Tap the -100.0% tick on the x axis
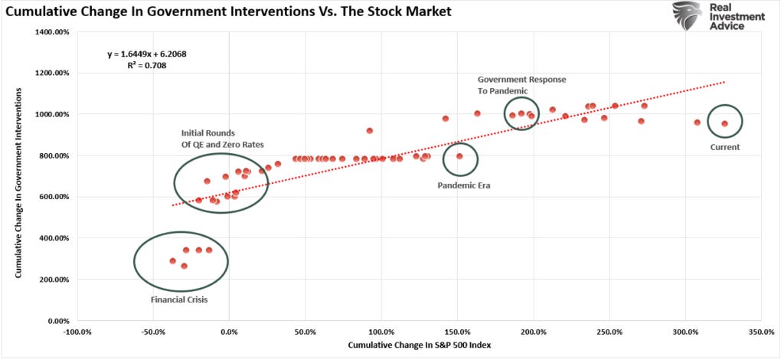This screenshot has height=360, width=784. [78, 332]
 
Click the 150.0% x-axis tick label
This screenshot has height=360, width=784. [457, 332]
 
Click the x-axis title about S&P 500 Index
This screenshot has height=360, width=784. [420, 346]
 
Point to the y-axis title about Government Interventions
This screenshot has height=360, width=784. [18, 176]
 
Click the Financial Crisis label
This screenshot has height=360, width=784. [180, 299]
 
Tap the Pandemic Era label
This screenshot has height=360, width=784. [463, 185]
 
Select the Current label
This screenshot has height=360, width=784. [725, 147]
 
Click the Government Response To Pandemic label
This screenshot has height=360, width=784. [513, 85]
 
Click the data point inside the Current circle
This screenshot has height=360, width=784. [724, 123]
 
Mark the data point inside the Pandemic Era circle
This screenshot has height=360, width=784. [459, 156]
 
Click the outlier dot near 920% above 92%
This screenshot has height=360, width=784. [370, 131]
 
